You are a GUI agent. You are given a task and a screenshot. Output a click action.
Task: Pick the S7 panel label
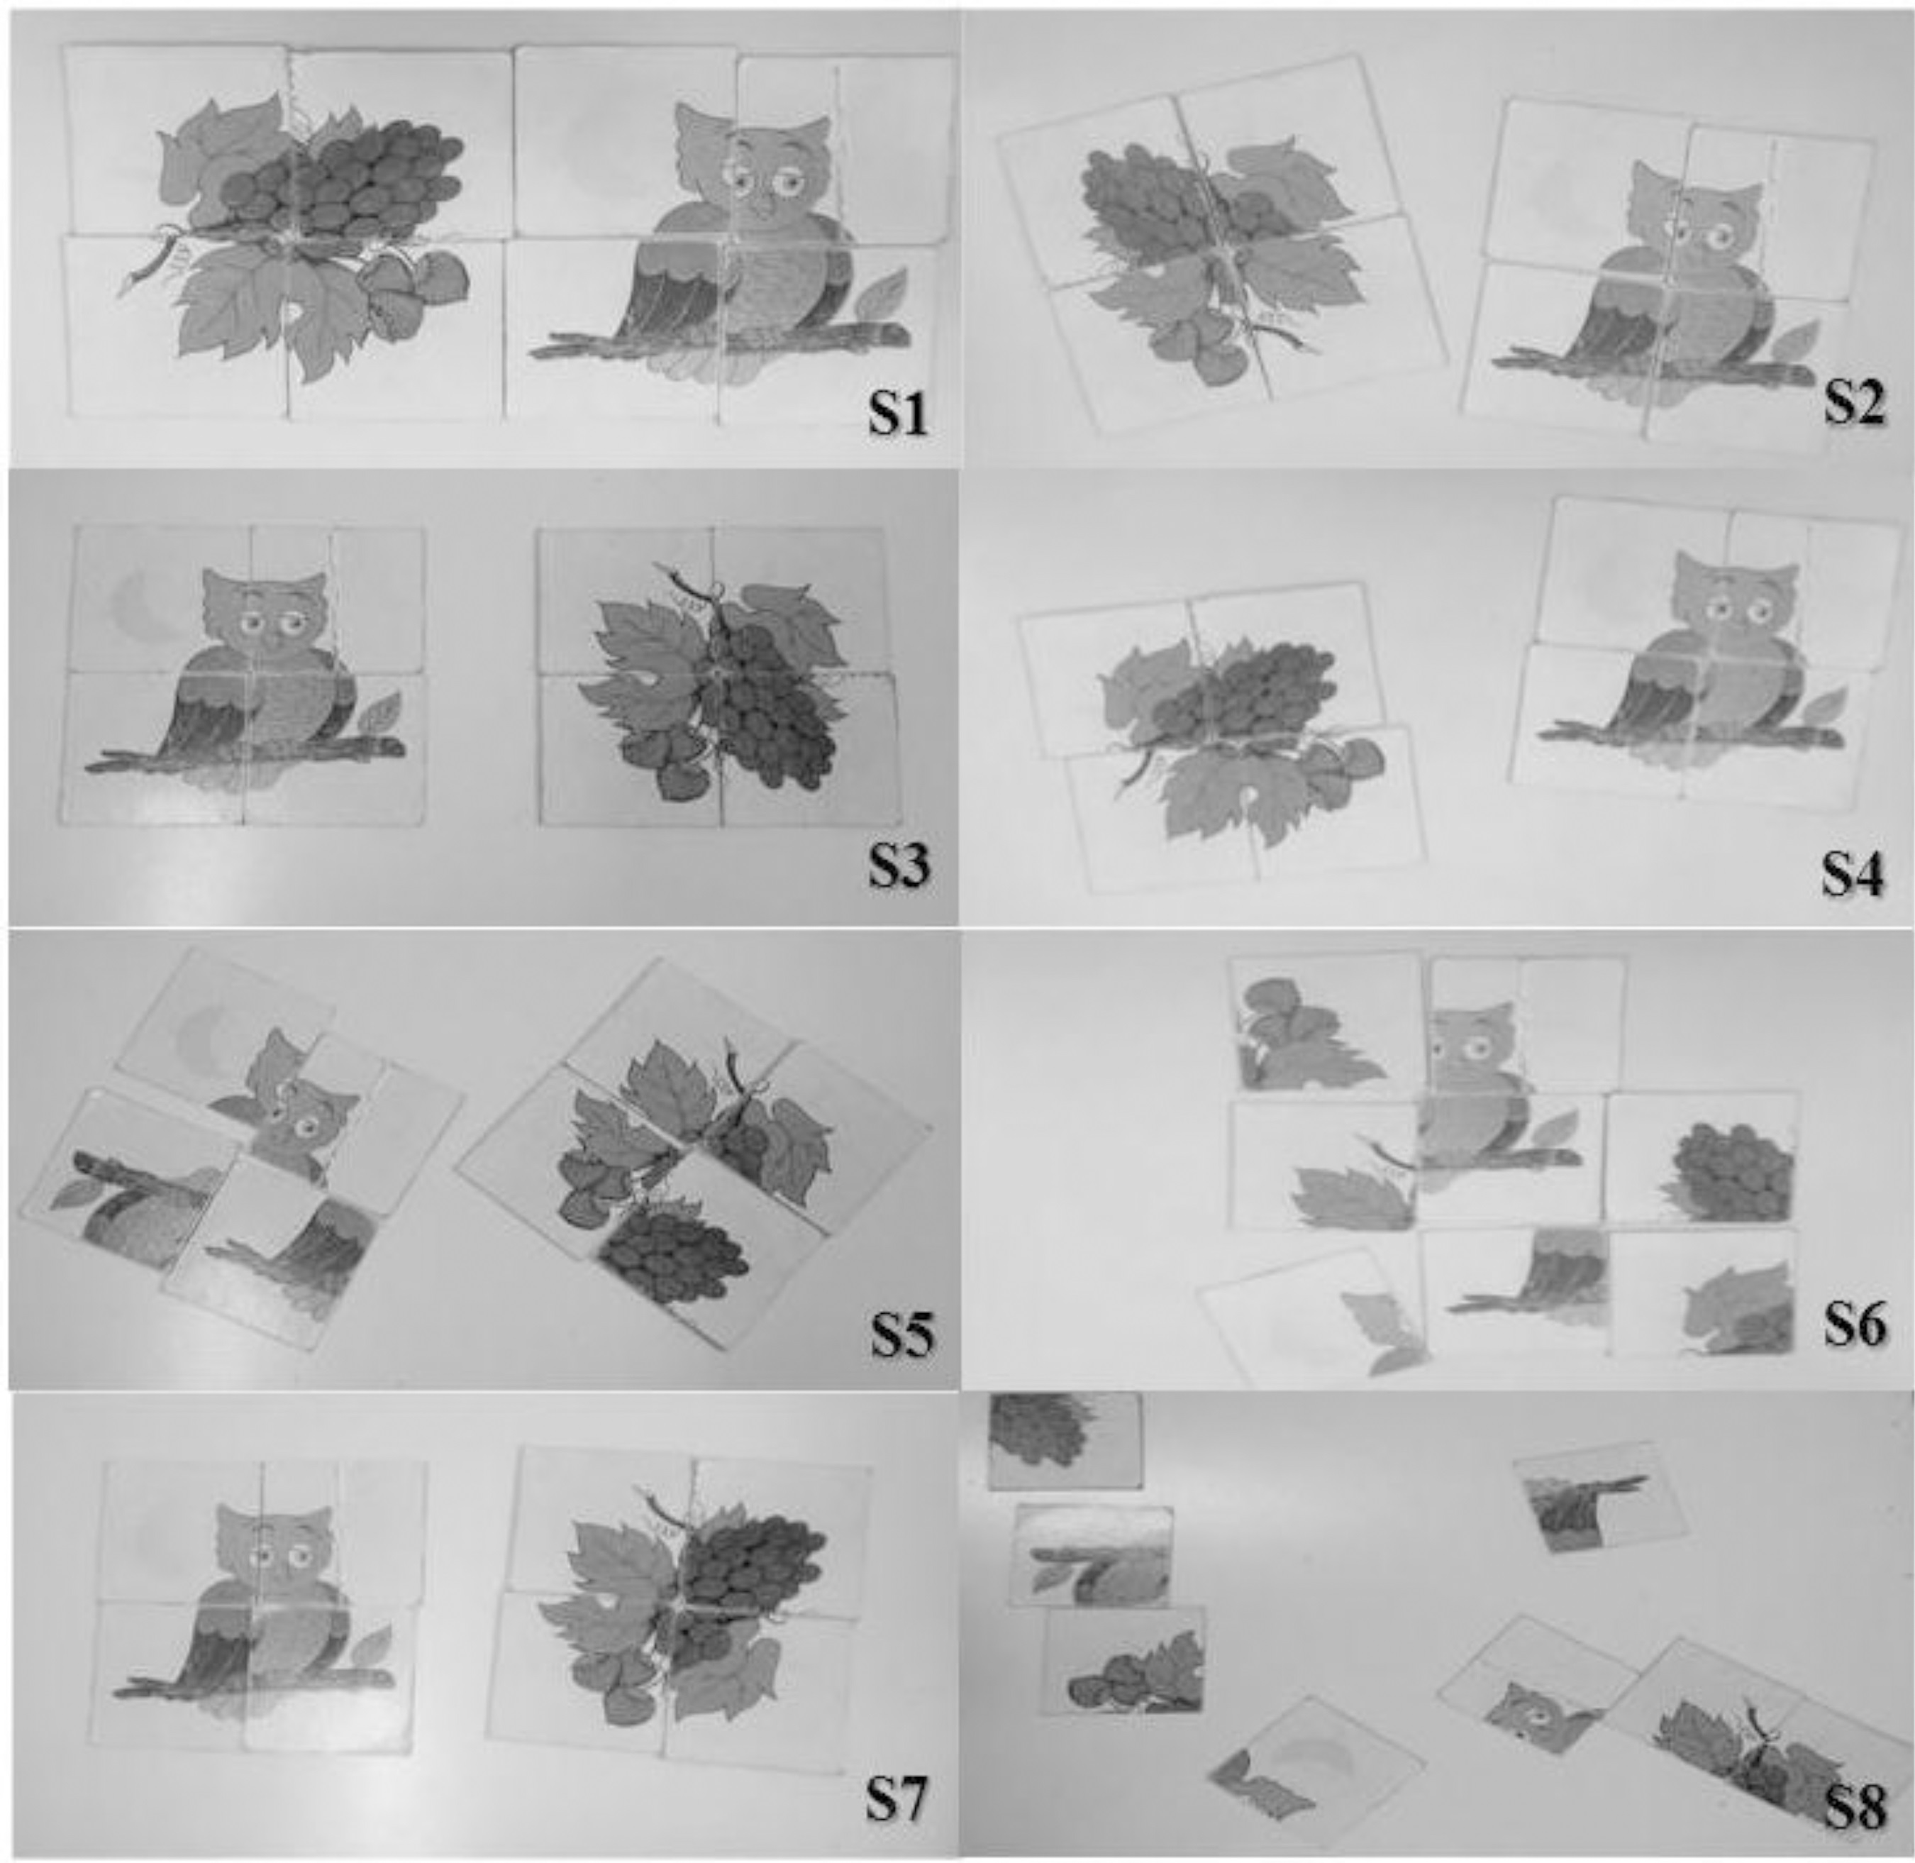point(895,1798)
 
